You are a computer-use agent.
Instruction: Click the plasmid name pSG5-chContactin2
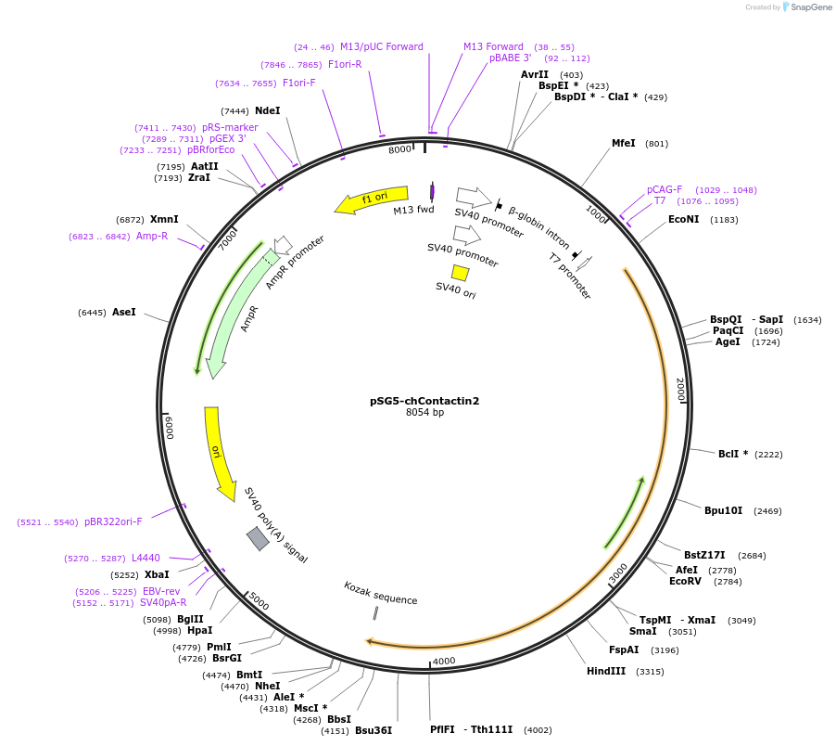(x=424, y=401)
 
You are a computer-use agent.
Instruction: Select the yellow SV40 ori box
(x=460, y=272)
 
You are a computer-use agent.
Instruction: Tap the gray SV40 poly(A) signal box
(x=258, y=538)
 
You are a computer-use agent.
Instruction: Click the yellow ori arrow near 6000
(x=219, y=455)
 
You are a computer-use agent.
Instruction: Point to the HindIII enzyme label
(x=606, y=671)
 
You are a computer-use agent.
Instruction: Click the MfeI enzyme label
(x=624, y=143)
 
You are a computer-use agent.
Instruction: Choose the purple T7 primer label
(x=660, y=200)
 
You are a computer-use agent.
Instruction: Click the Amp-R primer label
(x=152, y=236)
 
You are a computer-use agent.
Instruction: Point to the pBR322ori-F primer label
(x=113, y=521)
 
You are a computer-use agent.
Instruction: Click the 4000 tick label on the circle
(x=444, y=661)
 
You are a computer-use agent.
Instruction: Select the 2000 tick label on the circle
(x=680, y=389)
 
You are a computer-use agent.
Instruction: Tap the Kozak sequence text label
(x=380, y=593)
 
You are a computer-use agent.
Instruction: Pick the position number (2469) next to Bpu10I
(x=767, y=510)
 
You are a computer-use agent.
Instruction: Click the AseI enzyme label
(x=123, y=312)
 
